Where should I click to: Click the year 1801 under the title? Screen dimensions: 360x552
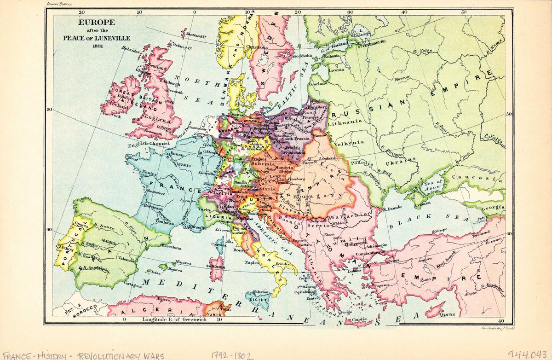pos(97,46)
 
